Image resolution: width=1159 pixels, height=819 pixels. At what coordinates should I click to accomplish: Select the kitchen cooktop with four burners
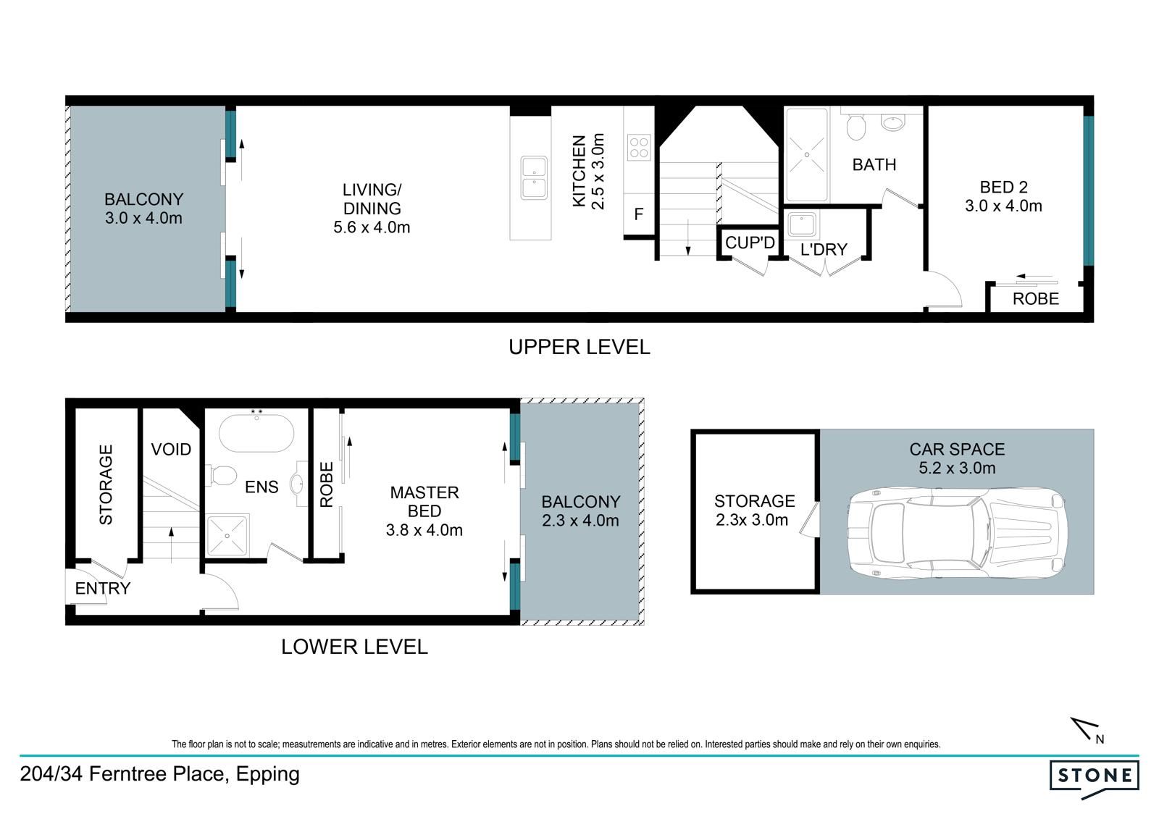[x=639, y=148]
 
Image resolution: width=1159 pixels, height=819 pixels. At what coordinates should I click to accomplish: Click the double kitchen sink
[x=534, y=177]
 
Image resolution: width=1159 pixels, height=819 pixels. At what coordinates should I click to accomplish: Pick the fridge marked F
[x=639, y=214]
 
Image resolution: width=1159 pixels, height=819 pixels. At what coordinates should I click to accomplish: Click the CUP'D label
[x=750, y=243]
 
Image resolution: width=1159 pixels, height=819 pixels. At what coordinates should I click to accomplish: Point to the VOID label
[x=171, y=449]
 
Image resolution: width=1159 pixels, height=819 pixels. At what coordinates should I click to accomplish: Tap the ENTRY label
[x=102, y=588]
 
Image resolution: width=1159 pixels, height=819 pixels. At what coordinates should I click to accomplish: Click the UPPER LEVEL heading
[x=579, y=347]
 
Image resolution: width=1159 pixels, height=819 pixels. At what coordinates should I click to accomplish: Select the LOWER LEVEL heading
[x=354, y=647]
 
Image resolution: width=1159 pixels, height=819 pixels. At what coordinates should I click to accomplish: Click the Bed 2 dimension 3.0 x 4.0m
[x=1003, y=206]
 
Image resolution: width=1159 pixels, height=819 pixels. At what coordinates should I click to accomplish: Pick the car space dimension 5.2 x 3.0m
[x=957, y=468]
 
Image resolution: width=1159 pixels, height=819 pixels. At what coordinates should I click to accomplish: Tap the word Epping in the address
[x=267, y=774]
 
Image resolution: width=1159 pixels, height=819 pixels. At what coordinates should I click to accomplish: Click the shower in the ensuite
[x=227, y=536]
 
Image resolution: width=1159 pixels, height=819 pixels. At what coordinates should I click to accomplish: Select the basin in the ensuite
[x=297, y=484]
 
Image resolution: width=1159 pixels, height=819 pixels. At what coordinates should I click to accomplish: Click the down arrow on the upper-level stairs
[x=688, y=237]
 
